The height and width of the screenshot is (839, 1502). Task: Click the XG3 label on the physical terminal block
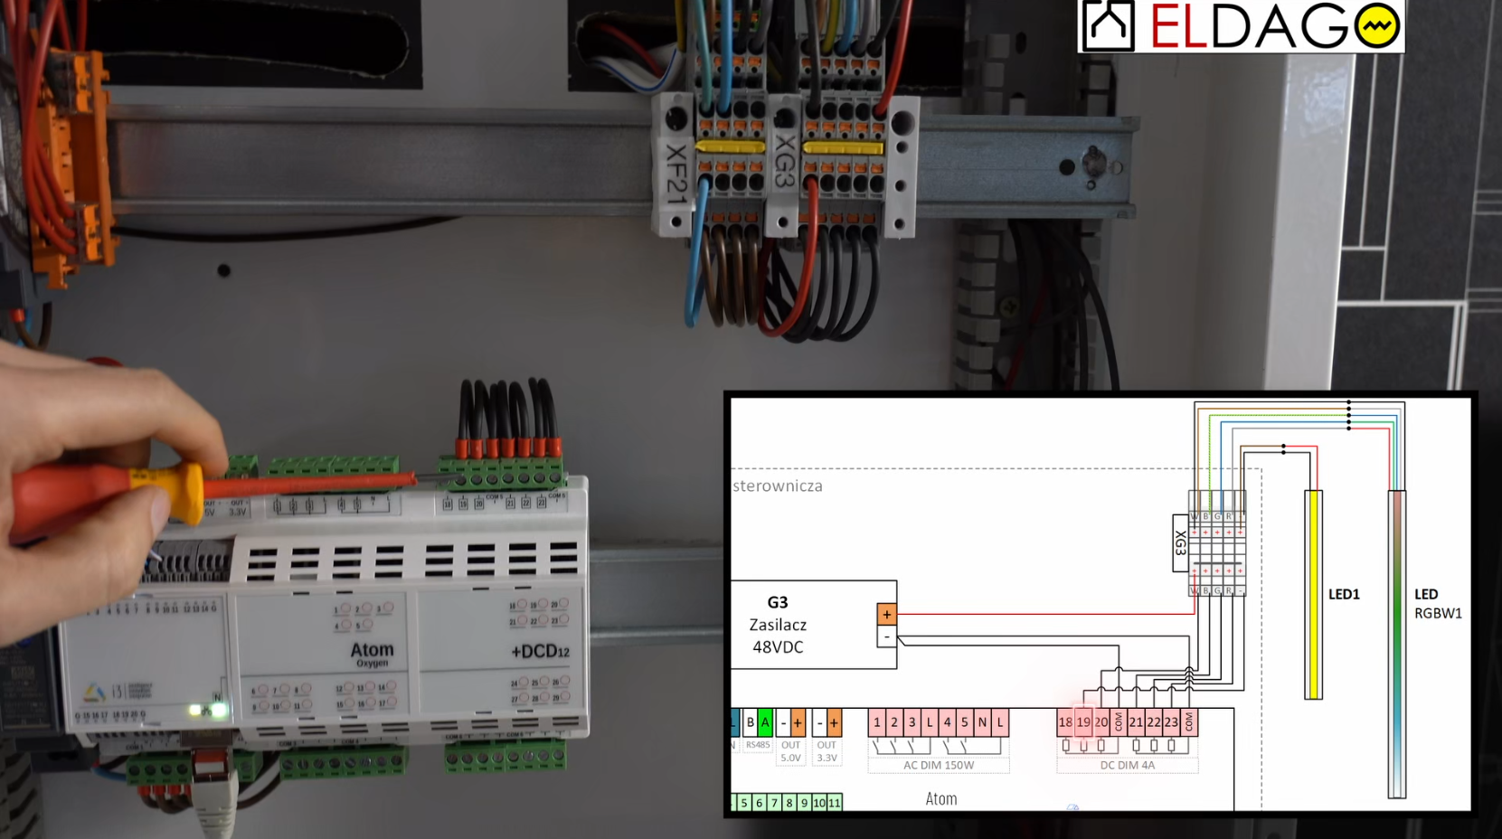point(784,162)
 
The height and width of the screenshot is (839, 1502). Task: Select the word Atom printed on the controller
point(372,649)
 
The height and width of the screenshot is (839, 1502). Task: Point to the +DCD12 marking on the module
point(540,651)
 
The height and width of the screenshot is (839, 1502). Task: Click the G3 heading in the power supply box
point(778,602)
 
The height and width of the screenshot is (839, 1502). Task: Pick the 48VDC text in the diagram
point(778,647)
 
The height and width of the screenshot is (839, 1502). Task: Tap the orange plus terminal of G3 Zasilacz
point(886,615)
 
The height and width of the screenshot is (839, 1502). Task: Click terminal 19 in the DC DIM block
point(1083,722)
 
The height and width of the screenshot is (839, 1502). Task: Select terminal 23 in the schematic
point(1171,722)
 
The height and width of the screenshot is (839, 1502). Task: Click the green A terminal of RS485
point(765,722)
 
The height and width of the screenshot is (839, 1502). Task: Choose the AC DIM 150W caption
point(939,765)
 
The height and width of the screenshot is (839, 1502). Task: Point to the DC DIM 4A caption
point(1127,765)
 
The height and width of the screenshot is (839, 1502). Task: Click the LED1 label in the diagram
point(1344,595)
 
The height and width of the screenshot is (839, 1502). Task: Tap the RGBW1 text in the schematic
point(1438,613)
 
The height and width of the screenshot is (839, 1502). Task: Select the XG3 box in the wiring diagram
point(1180,543)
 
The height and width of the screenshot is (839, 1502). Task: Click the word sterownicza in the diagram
point(778,486)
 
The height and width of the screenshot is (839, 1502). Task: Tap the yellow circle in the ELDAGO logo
point(1377,27)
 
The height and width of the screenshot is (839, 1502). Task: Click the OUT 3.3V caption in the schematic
point(827,751)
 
